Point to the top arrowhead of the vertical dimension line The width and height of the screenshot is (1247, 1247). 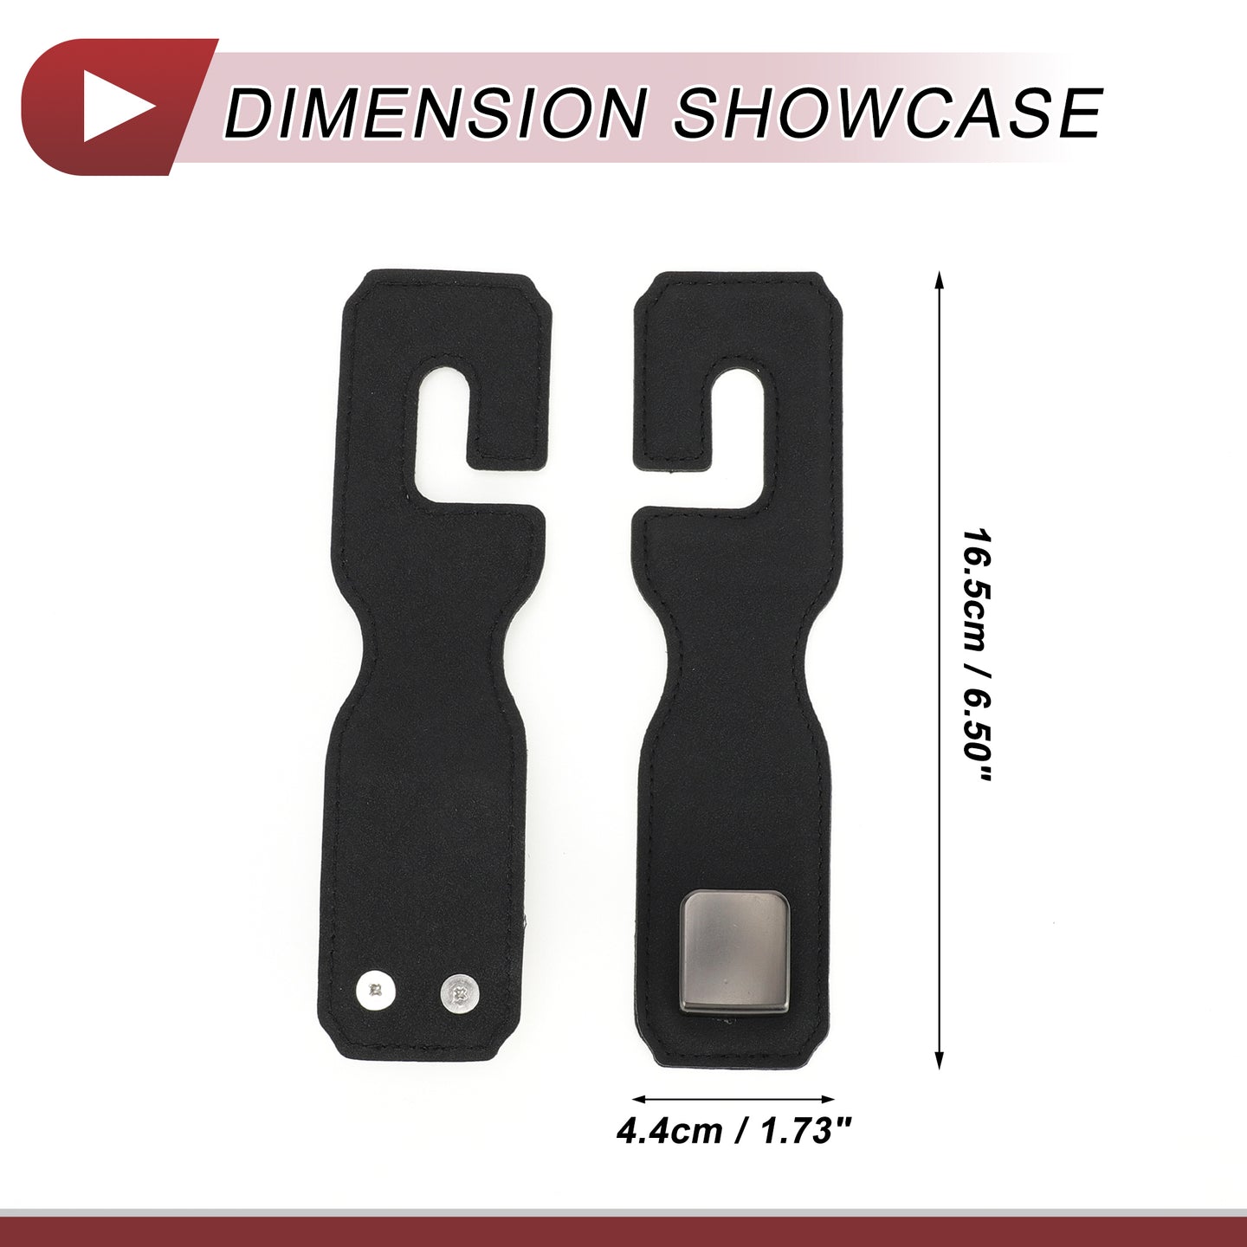coord(939,283)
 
